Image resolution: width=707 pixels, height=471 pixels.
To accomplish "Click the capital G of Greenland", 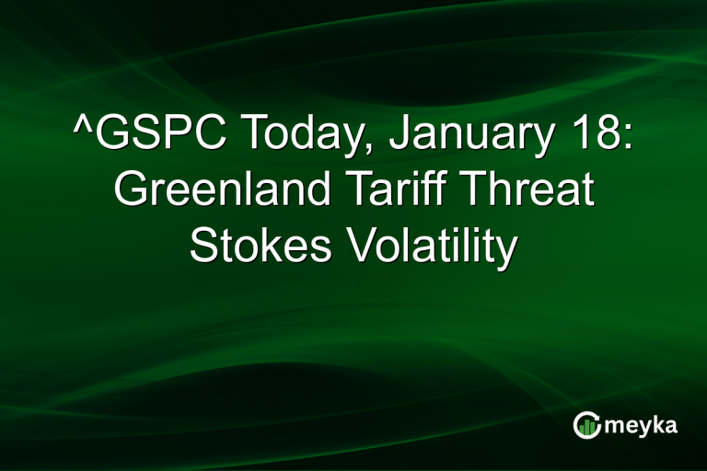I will point(132,191).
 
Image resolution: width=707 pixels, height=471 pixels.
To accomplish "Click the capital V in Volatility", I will point(351,247).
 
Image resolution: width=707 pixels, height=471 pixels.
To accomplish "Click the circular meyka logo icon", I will point(587,424).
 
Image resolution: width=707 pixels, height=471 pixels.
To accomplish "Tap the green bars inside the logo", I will point(587,426).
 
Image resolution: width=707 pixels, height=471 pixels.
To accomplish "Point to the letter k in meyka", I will point(659,424).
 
